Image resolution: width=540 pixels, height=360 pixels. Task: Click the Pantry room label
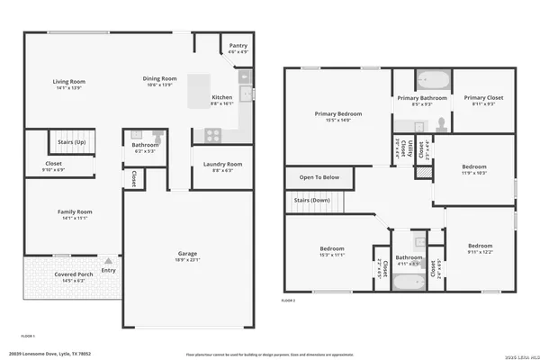point(238,45)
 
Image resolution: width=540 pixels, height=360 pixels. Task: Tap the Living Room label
point(68,81)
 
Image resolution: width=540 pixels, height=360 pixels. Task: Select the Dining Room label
point(158,78)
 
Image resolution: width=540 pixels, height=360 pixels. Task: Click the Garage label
point(187,255)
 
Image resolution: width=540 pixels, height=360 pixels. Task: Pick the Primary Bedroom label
point(337,114)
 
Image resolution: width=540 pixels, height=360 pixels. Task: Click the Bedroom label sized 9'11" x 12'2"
point(479,245)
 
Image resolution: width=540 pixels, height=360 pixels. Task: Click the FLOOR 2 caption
point(289,300)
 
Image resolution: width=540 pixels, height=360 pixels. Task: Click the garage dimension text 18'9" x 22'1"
point(187,262)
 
